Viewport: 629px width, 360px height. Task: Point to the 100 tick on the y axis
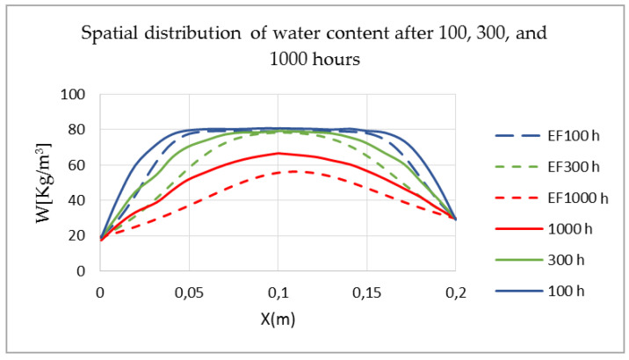coord(75,94)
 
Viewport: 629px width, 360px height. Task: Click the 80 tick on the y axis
coord(77,129)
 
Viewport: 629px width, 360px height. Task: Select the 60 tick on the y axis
coord(77,164)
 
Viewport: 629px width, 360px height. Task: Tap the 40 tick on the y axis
coord(77,199)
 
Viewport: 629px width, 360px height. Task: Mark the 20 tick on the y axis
coord(77,234)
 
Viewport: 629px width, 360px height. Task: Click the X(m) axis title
coord(278,319)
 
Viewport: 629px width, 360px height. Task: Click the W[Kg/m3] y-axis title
coord(45,182)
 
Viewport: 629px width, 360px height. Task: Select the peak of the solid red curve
coord(278,153)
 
